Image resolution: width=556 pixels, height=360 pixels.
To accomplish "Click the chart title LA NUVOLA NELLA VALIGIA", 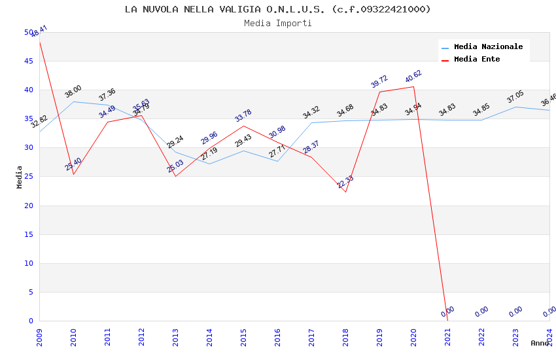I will tap(277, 9).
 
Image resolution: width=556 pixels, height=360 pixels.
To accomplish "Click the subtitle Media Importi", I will tap(277, 24).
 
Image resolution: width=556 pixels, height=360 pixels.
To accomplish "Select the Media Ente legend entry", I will tap(477, 60).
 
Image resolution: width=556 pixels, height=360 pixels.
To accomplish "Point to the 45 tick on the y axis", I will tap(28, 62).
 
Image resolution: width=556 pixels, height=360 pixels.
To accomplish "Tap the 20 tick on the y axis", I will tap(28, 206).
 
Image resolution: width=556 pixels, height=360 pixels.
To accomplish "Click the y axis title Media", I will tap(20, 177).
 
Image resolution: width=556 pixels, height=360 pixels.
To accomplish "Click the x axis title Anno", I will tap(540, 343).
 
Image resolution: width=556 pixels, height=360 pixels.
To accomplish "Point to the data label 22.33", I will tap(345, 182).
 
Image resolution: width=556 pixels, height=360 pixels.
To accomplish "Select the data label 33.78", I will tap(243, 116).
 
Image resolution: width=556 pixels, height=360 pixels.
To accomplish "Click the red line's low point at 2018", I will tap(345, 192).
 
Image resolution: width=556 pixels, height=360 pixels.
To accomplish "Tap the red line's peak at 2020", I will tap(413, 87).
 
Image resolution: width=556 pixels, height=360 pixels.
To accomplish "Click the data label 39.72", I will tap(379, 82).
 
